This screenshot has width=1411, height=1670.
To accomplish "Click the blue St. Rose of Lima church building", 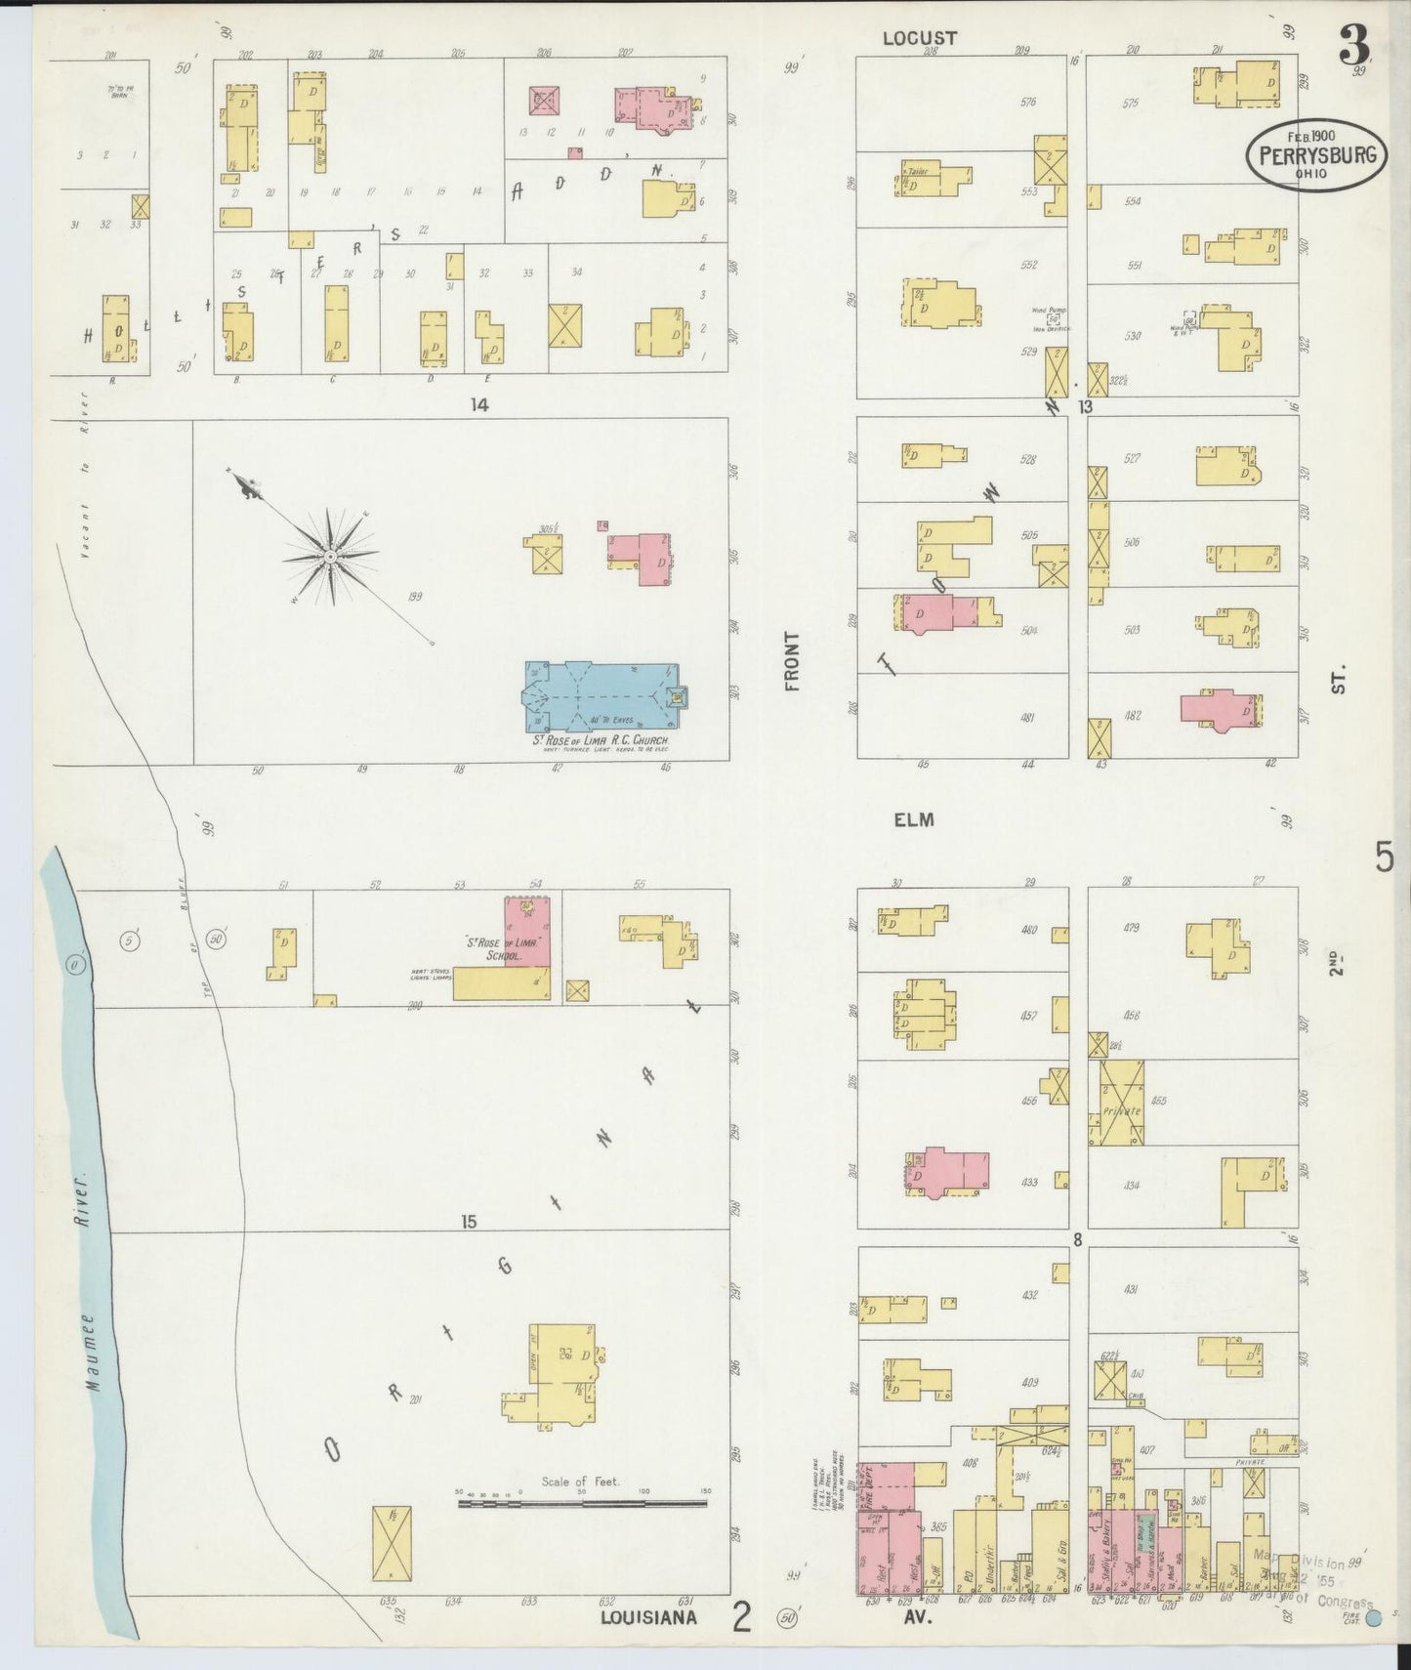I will tap(601, 695).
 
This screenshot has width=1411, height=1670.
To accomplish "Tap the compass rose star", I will tap(331, 556).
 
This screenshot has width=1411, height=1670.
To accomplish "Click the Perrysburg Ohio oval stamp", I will tap(1315, 153).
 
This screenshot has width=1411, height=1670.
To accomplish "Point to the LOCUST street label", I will tap(919, 38).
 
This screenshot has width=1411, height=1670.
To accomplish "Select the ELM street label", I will tap(914, 819).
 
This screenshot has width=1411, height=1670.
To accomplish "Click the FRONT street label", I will tap(791, 661).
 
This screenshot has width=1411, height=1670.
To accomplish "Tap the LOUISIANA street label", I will tap(649, 1617).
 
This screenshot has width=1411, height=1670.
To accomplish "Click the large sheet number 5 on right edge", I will tap(1384, 857).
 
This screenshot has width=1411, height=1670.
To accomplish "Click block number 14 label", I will tap(478, 404).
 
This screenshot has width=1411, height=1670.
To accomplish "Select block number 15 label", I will tap(469, 1221).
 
